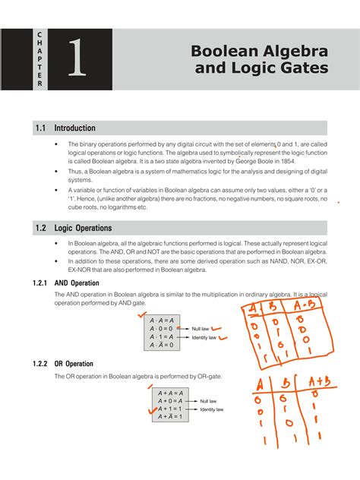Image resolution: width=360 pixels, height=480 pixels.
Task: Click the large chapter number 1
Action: point(75,59)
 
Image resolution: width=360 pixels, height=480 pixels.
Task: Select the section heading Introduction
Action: point(80,128)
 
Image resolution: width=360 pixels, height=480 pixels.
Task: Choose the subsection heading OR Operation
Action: point(79,365)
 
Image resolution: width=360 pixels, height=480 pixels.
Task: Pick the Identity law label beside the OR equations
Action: point(212,409)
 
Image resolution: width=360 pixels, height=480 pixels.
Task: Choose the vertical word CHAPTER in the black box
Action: point(39,59)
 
